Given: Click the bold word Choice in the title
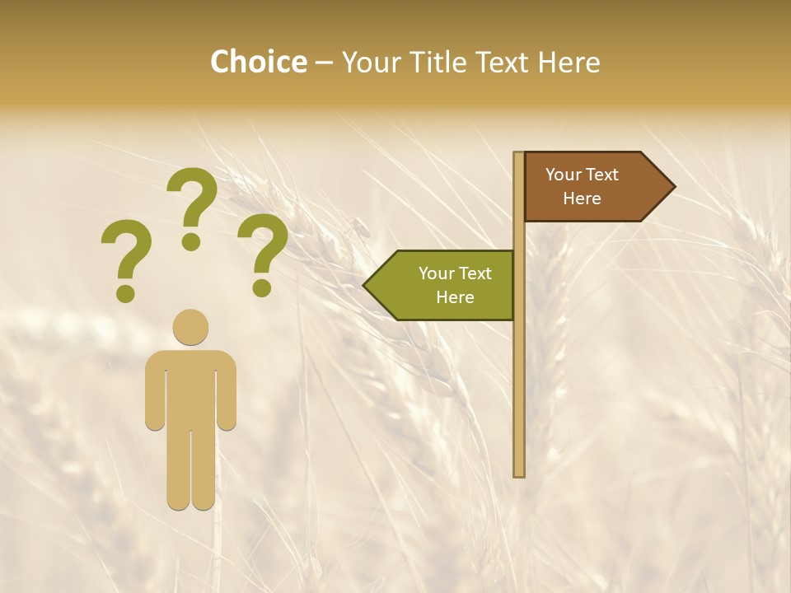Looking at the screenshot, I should [258, 63].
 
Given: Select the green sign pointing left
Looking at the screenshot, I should [445, 285].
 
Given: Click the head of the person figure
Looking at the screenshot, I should [190, 327].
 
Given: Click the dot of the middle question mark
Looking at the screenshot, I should [191, 241].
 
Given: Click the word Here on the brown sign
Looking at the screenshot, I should [582, 198].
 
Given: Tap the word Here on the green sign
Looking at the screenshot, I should [455, 297].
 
